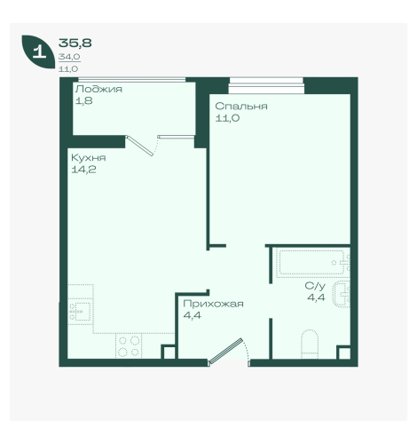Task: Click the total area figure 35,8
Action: [x=75, y=44]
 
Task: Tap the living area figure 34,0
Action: [x=69, y=57]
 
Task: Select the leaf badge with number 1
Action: [x=38, y=52]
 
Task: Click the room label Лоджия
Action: [x=98, y=89]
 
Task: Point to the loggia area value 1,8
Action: [x=84, y=101]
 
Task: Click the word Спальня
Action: [x=241, y=106]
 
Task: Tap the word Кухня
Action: [x=89, y=158]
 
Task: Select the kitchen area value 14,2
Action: [x=83, y=170]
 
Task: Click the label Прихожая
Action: [x=213, y=304]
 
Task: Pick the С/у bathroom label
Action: [x=315, y=286]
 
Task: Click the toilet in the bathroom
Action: [x=310, y=344]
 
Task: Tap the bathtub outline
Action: [x=311, y=262]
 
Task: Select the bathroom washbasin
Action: [x=342, y=294]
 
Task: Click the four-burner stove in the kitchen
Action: [x=129, y=346]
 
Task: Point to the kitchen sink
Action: [x=81, y=312]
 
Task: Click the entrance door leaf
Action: [x=225, y=351]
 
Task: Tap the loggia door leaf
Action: [x=139, y=146]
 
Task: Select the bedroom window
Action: [x=266, y=85]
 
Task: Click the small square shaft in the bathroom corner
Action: [x=343, y=353]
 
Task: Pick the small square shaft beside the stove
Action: [x=169, y=352]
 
